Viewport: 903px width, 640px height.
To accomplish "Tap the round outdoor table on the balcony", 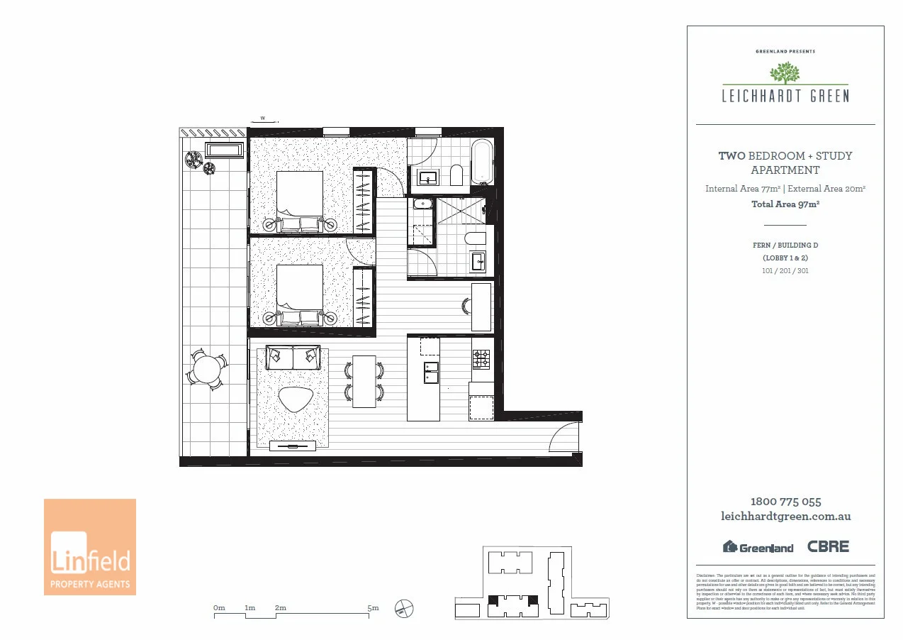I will click(208, 369).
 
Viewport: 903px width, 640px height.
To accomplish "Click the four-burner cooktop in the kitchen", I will click(482, 360).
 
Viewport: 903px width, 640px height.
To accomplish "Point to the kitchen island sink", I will click(431, 372).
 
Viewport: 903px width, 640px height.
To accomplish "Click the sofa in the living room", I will click(292, 357).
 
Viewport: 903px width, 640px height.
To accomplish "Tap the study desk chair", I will click(467, 306).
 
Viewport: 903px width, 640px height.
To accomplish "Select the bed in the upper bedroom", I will click(299, 202).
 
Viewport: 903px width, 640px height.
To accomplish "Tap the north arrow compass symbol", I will click(404, 608).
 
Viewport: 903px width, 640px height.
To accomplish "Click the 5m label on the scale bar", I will click(373, 608).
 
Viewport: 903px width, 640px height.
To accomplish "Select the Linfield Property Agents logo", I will click(90, 546).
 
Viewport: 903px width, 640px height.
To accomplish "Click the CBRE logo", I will click(828, 546).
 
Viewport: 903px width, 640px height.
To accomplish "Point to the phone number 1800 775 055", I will click(785, 502).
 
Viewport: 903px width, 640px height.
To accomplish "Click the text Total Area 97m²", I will click(785, 204).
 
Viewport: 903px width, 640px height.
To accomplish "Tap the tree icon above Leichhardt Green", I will click(785, 72).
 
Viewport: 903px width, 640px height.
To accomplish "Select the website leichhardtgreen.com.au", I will click(785, 517).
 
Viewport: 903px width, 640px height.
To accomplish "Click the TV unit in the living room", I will click(293, 446).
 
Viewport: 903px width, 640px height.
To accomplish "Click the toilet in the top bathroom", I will click(456, 175).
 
